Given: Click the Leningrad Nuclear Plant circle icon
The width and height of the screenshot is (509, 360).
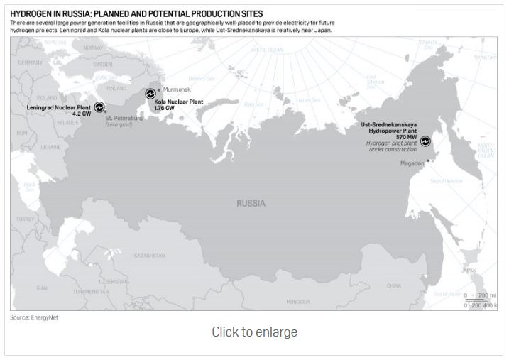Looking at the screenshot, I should point(99,106).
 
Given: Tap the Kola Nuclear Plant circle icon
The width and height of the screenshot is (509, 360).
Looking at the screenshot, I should point(150,93).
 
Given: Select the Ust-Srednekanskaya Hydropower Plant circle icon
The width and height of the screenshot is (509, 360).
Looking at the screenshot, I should point(426,141).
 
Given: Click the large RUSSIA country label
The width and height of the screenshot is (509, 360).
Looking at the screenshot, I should point(251,203).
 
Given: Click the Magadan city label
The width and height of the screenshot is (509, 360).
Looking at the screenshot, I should point(412,163).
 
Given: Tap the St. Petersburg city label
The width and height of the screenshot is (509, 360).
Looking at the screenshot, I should point(124,118).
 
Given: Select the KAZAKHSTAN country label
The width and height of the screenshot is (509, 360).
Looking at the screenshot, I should point(148,255).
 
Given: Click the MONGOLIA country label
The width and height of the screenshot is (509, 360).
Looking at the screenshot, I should point(298,301).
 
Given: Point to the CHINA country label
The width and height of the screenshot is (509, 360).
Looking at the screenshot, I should point(393,285).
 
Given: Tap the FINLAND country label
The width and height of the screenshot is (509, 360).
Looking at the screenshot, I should point(116,89).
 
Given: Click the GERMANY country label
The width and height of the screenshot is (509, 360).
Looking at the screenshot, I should point(30,62).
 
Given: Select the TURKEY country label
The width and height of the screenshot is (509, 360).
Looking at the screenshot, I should point(26,219).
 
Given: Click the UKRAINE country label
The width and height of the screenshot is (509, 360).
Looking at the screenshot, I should point(50,147).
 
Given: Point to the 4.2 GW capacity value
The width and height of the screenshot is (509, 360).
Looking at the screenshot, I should point(82,114).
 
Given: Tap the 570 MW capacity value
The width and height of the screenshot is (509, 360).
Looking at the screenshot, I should point(407,136).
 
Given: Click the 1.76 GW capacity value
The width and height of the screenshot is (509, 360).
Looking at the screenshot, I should point(164,108).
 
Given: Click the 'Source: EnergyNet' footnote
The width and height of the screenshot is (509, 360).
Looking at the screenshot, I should point(34,317).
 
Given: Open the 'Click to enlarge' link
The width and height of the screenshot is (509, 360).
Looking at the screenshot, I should point(254,332).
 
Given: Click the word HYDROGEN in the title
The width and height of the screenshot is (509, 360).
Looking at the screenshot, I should point(31,13).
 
